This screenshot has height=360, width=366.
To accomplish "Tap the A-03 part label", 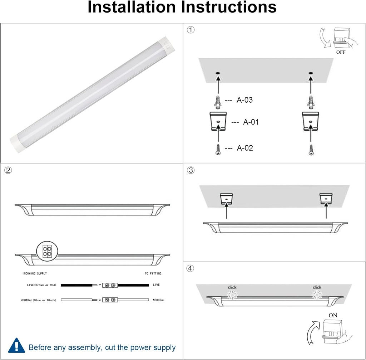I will pos(244,100).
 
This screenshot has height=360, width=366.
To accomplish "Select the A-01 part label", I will pos(251,122).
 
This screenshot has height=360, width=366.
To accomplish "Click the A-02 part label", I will pos(245,148).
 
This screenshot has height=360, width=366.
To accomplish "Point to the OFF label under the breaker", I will pos(341,52).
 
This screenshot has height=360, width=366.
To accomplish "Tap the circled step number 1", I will pos(191,30).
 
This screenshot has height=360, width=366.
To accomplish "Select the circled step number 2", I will pos(8,170).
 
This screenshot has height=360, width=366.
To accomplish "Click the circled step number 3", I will pos(191,170).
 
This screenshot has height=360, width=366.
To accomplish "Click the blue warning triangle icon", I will pos(16,346).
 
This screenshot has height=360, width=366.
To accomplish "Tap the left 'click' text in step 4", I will pos(232,287).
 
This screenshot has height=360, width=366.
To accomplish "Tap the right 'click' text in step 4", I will pos(317,287).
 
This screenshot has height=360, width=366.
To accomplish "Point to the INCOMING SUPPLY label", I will pos(35,274).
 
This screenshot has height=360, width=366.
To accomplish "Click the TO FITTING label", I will pos(153,274).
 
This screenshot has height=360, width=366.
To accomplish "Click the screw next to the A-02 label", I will pos(217,149).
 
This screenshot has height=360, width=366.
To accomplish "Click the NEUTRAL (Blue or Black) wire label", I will pos(38,300).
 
